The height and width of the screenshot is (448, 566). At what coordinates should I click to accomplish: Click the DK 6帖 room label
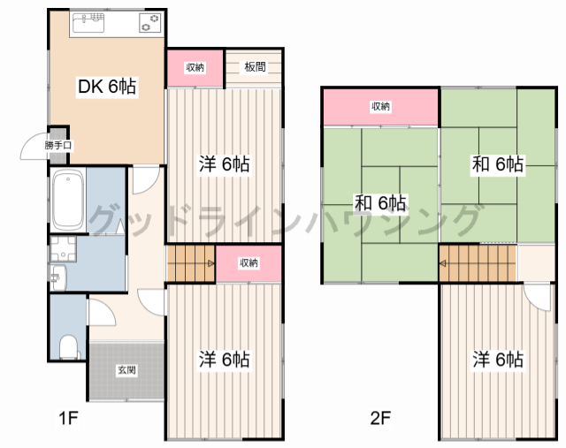tap(107, 87)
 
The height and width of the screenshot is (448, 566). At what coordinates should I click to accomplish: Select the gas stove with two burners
tap(149, 23)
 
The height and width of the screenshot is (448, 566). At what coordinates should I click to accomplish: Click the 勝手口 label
tap(58, 146)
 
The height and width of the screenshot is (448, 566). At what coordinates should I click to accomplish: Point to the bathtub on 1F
tap(67, 200)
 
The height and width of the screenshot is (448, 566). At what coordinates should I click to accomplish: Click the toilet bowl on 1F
tap(68, 347)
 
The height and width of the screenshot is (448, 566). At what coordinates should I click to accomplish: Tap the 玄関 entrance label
tap(126, 370)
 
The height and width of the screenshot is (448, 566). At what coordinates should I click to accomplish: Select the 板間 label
tap(256, 67)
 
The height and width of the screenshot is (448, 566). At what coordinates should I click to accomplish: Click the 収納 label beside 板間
tap(195, 67)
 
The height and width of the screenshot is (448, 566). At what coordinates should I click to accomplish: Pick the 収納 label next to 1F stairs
tap(249, 263)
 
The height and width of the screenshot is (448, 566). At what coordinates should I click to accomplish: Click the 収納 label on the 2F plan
tap(380, 106)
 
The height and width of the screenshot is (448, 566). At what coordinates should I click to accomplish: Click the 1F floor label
tap(68, 419)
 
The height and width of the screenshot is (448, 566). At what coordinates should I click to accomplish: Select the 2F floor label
tap(381, 419)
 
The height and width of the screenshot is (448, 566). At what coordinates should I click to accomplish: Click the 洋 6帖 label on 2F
tap(498, 360)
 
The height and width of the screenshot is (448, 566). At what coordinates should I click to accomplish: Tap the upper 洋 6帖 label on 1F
tap(224, 164)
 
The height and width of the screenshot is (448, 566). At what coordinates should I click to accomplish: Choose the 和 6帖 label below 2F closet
tap(380, 202)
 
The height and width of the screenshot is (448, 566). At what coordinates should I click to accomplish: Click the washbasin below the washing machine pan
tap(58, 277)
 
